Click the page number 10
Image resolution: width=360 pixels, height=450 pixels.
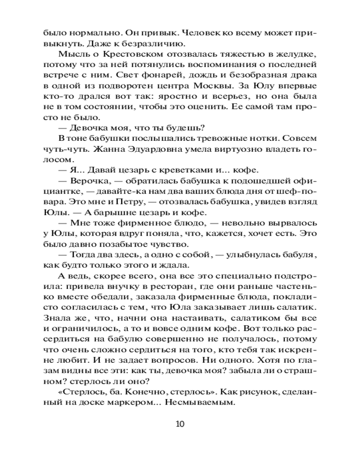(x=180, y=423)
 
